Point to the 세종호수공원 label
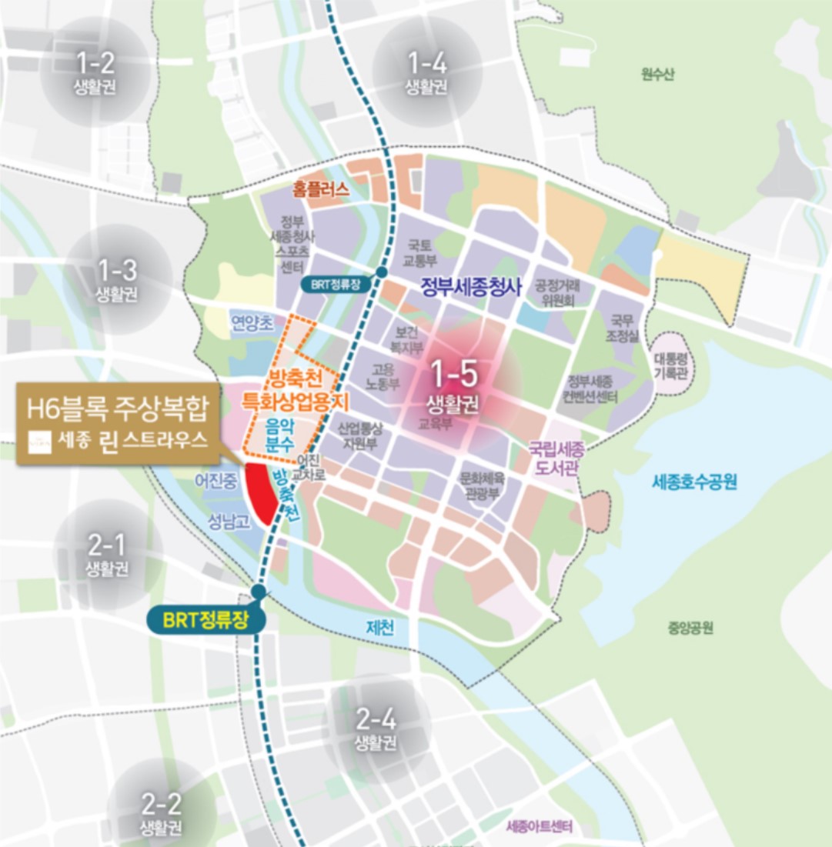[694, 482]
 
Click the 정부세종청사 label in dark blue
[471, 288]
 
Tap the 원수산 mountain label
[657, 75]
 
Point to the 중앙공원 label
[690, 629]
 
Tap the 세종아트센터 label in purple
[540, 828]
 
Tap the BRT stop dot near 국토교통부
[382, 273]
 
